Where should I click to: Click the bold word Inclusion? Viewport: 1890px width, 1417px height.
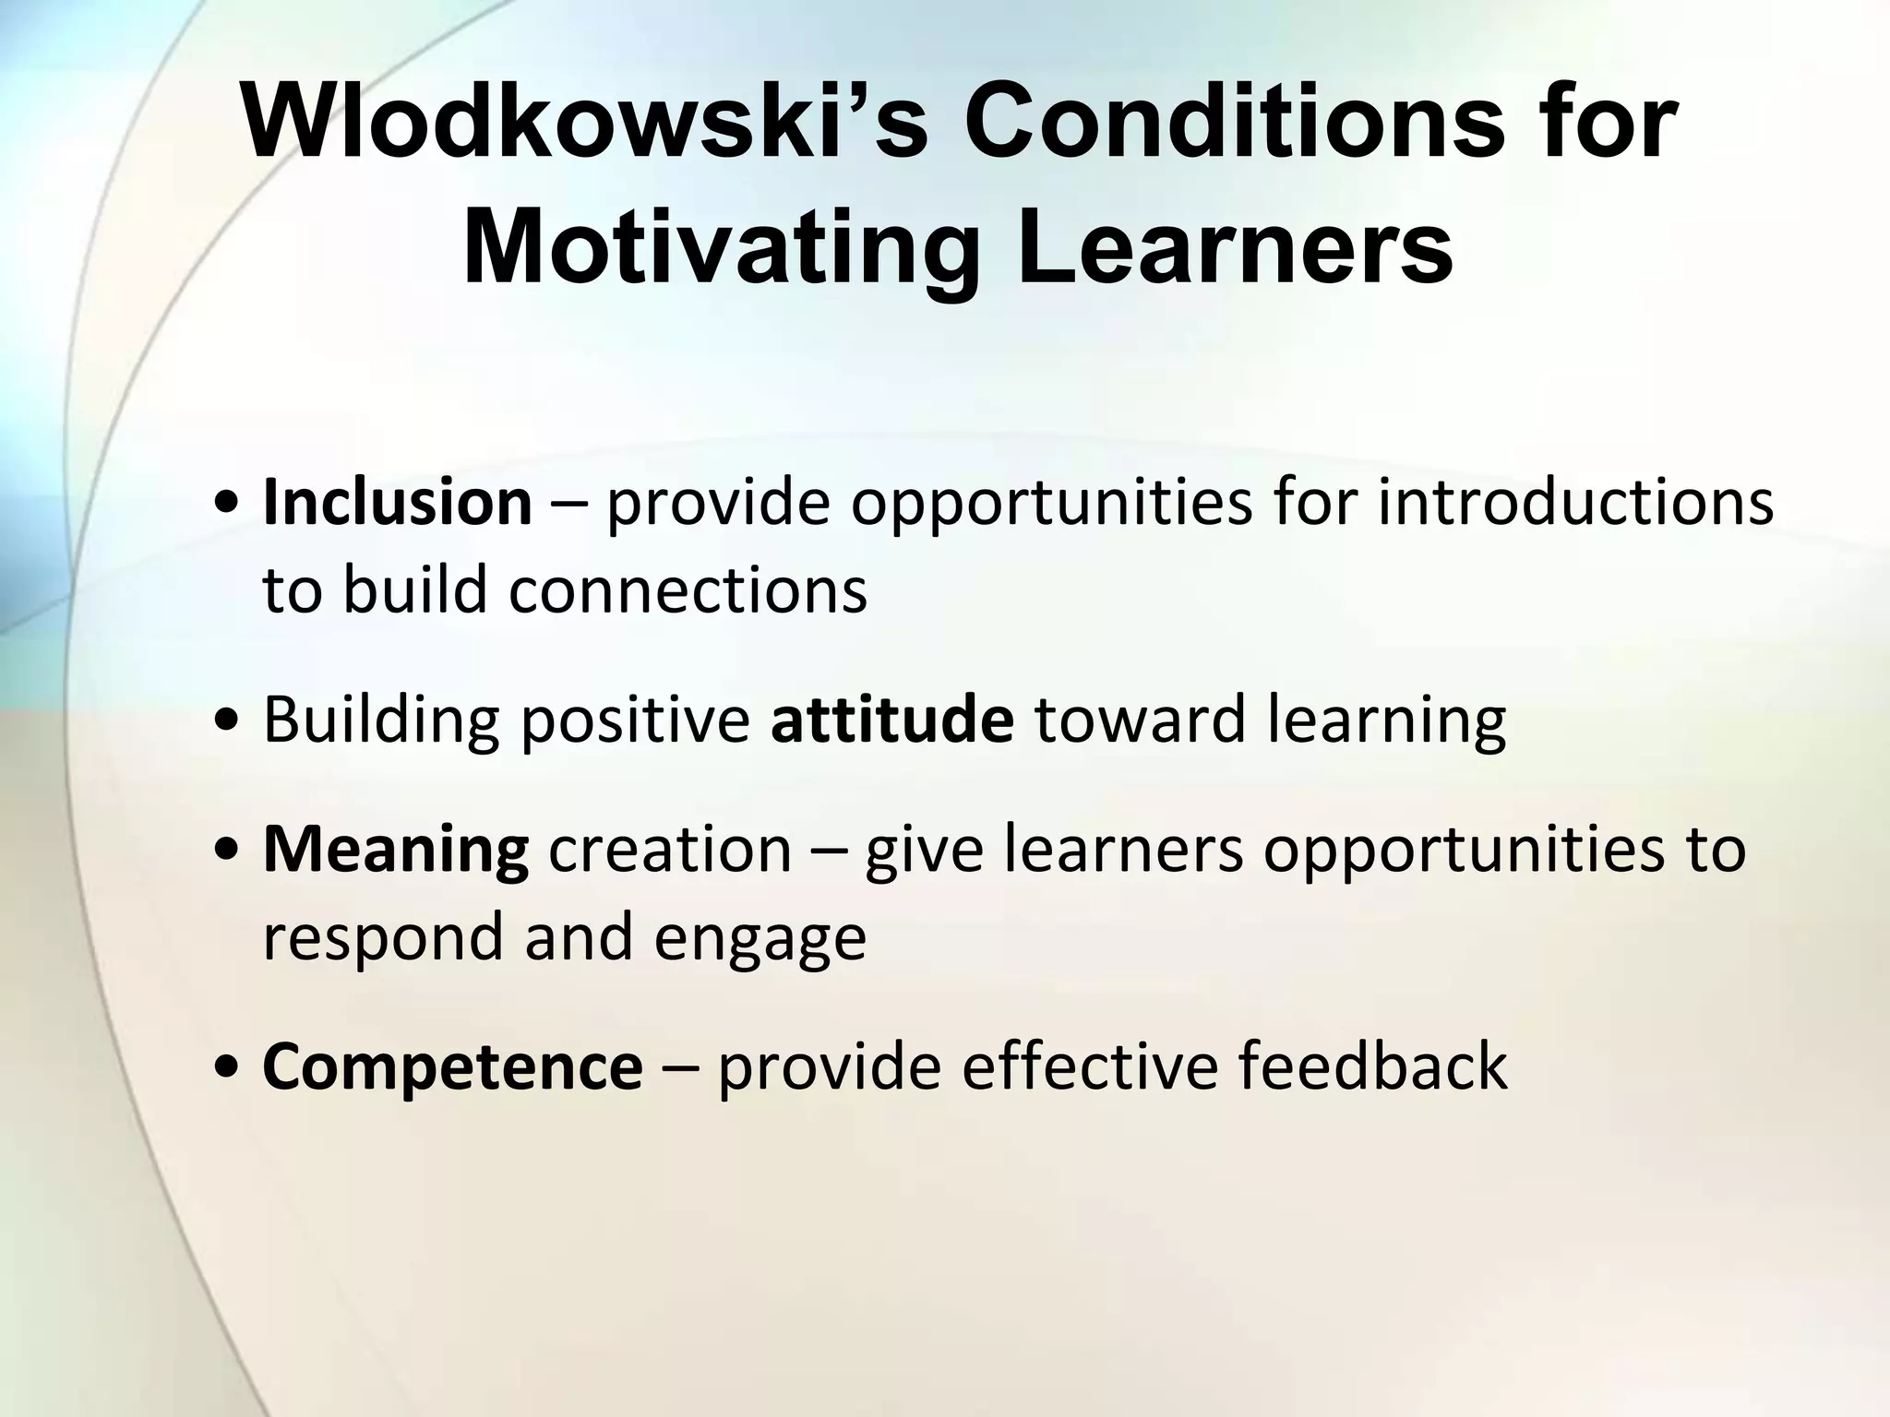(x=398, y=503)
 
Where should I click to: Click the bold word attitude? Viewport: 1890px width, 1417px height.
(x=891, y=720)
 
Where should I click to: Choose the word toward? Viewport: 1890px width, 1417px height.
(x=1140, y=720)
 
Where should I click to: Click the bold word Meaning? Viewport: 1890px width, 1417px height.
(x=396, y=850)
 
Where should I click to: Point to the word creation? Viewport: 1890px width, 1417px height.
(x=670, y=850)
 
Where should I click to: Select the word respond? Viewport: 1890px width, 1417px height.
(x=383, y=936)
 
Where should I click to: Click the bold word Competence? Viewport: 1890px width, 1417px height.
(x=452, y=1066)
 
